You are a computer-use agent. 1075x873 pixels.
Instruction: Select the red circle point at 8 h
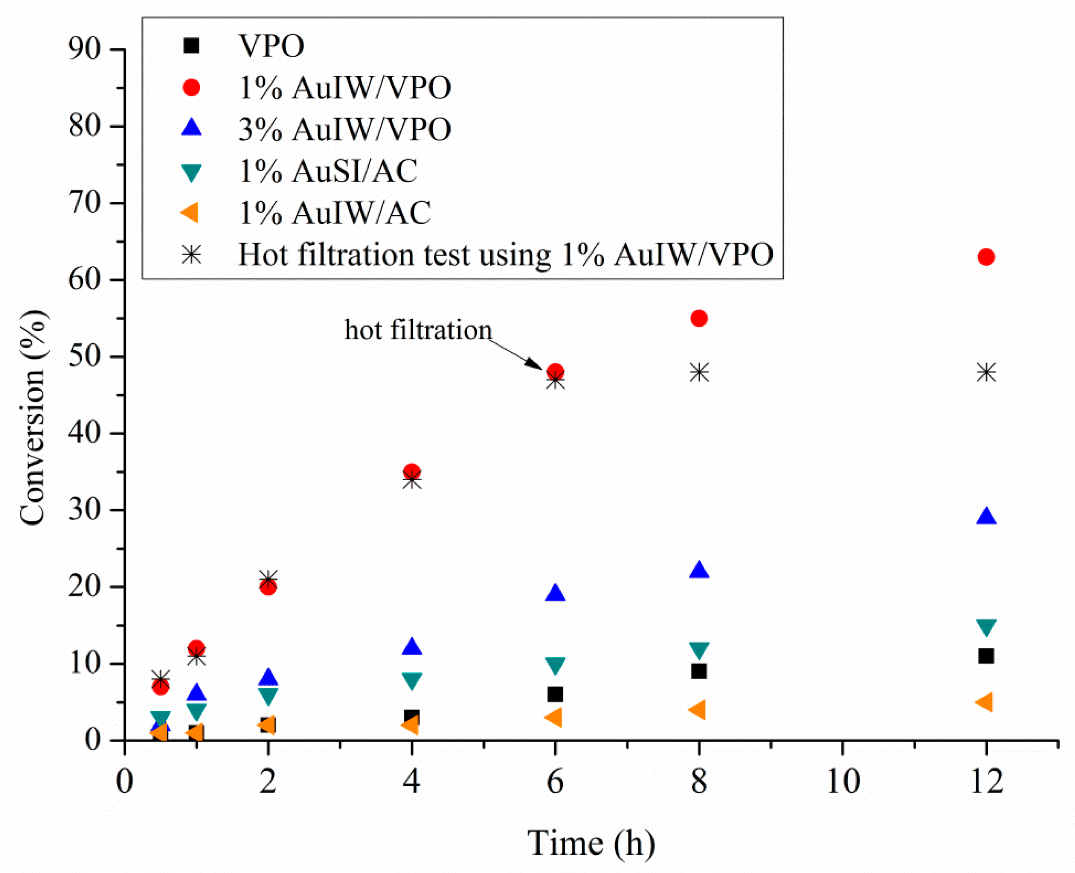(x=699, y=318)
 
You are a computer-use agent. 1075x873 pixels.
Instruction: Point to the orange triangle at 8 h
(x=698, y=710)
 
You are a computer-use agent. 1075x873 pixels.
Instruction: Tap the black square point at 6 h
(x=555, y=695)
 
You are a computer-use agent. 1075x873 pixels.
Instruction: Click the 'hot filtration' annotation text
(x=418, y=330)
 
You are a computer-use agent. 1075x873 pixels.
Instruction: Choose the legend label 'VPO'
(x=271, y=46)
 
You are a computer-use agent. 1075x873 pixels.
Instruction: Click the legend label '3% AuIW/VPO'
(x=344, y=129)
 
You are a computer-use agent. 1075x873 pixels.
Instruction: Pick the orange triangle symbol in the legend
(x=190, y=213)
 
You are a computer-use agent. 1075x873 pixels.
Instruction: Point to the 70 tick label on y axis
(x=84, y=203)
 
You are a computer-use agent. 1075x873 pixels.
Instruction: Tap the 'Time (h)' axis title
(x=591, y=843)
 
